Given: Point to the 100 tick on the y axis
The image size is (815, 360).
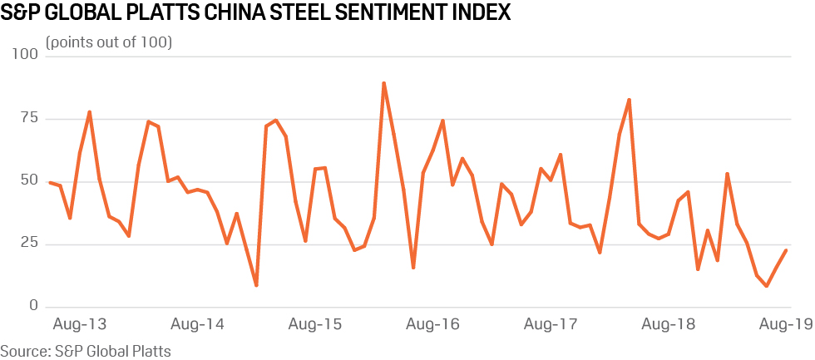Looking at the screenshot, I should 26,55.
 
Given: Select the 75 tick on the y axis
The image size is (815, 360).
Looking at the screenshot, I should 30,118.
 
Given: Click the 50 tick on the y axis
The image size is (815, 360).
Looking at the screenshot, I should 30,181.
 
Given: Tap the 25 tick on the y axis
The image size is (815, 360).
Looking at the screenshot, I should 30,244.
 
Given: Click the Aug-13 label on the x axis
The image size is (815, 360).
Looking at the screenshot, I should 79,324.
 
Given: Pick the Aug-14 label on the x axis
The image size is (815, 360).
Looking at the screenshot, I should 198,324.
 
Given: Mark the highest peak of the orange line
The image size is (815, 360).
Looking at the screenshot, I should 383,83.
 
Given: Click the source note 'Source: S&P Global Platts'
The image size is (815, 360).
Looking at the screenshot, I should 86,351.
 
